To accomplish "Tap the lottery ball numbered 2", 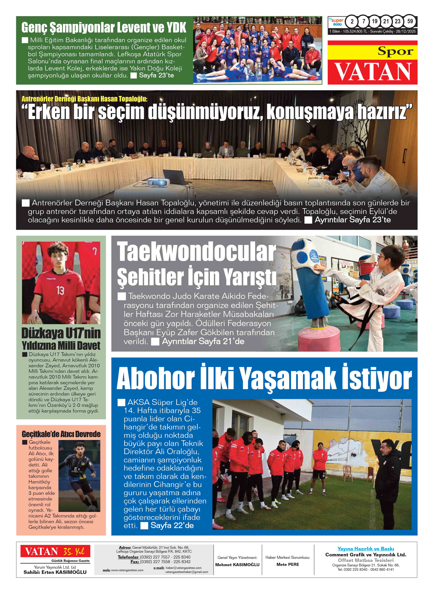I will pyautogui.click(x=352, y=21).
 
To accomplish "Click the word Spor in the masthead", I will pyautogui.click(x=395, y=51).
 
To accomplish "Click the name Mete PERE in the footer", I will pyautogui.click(x=288, y=564).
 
